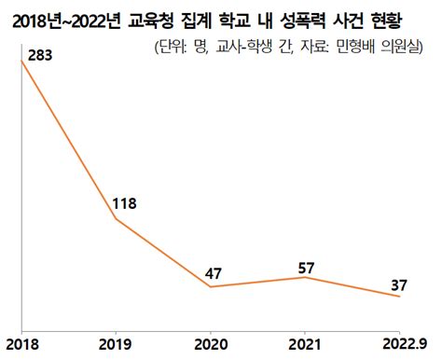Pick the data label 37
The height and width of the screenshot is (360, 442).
pos(398,284)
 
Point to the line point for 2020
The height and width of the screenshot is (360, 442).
pos(211,286)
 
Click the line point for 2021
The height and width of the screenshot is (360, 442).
pos(306,277)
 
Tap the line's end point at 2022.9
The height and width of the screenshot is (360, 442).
pos(400,296)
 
